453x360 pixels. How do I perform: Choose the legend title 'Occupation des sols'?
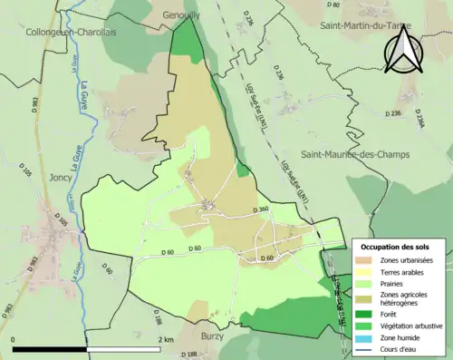point(395,247)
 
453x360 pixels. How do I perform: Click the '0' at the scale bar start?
point(14,339)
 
